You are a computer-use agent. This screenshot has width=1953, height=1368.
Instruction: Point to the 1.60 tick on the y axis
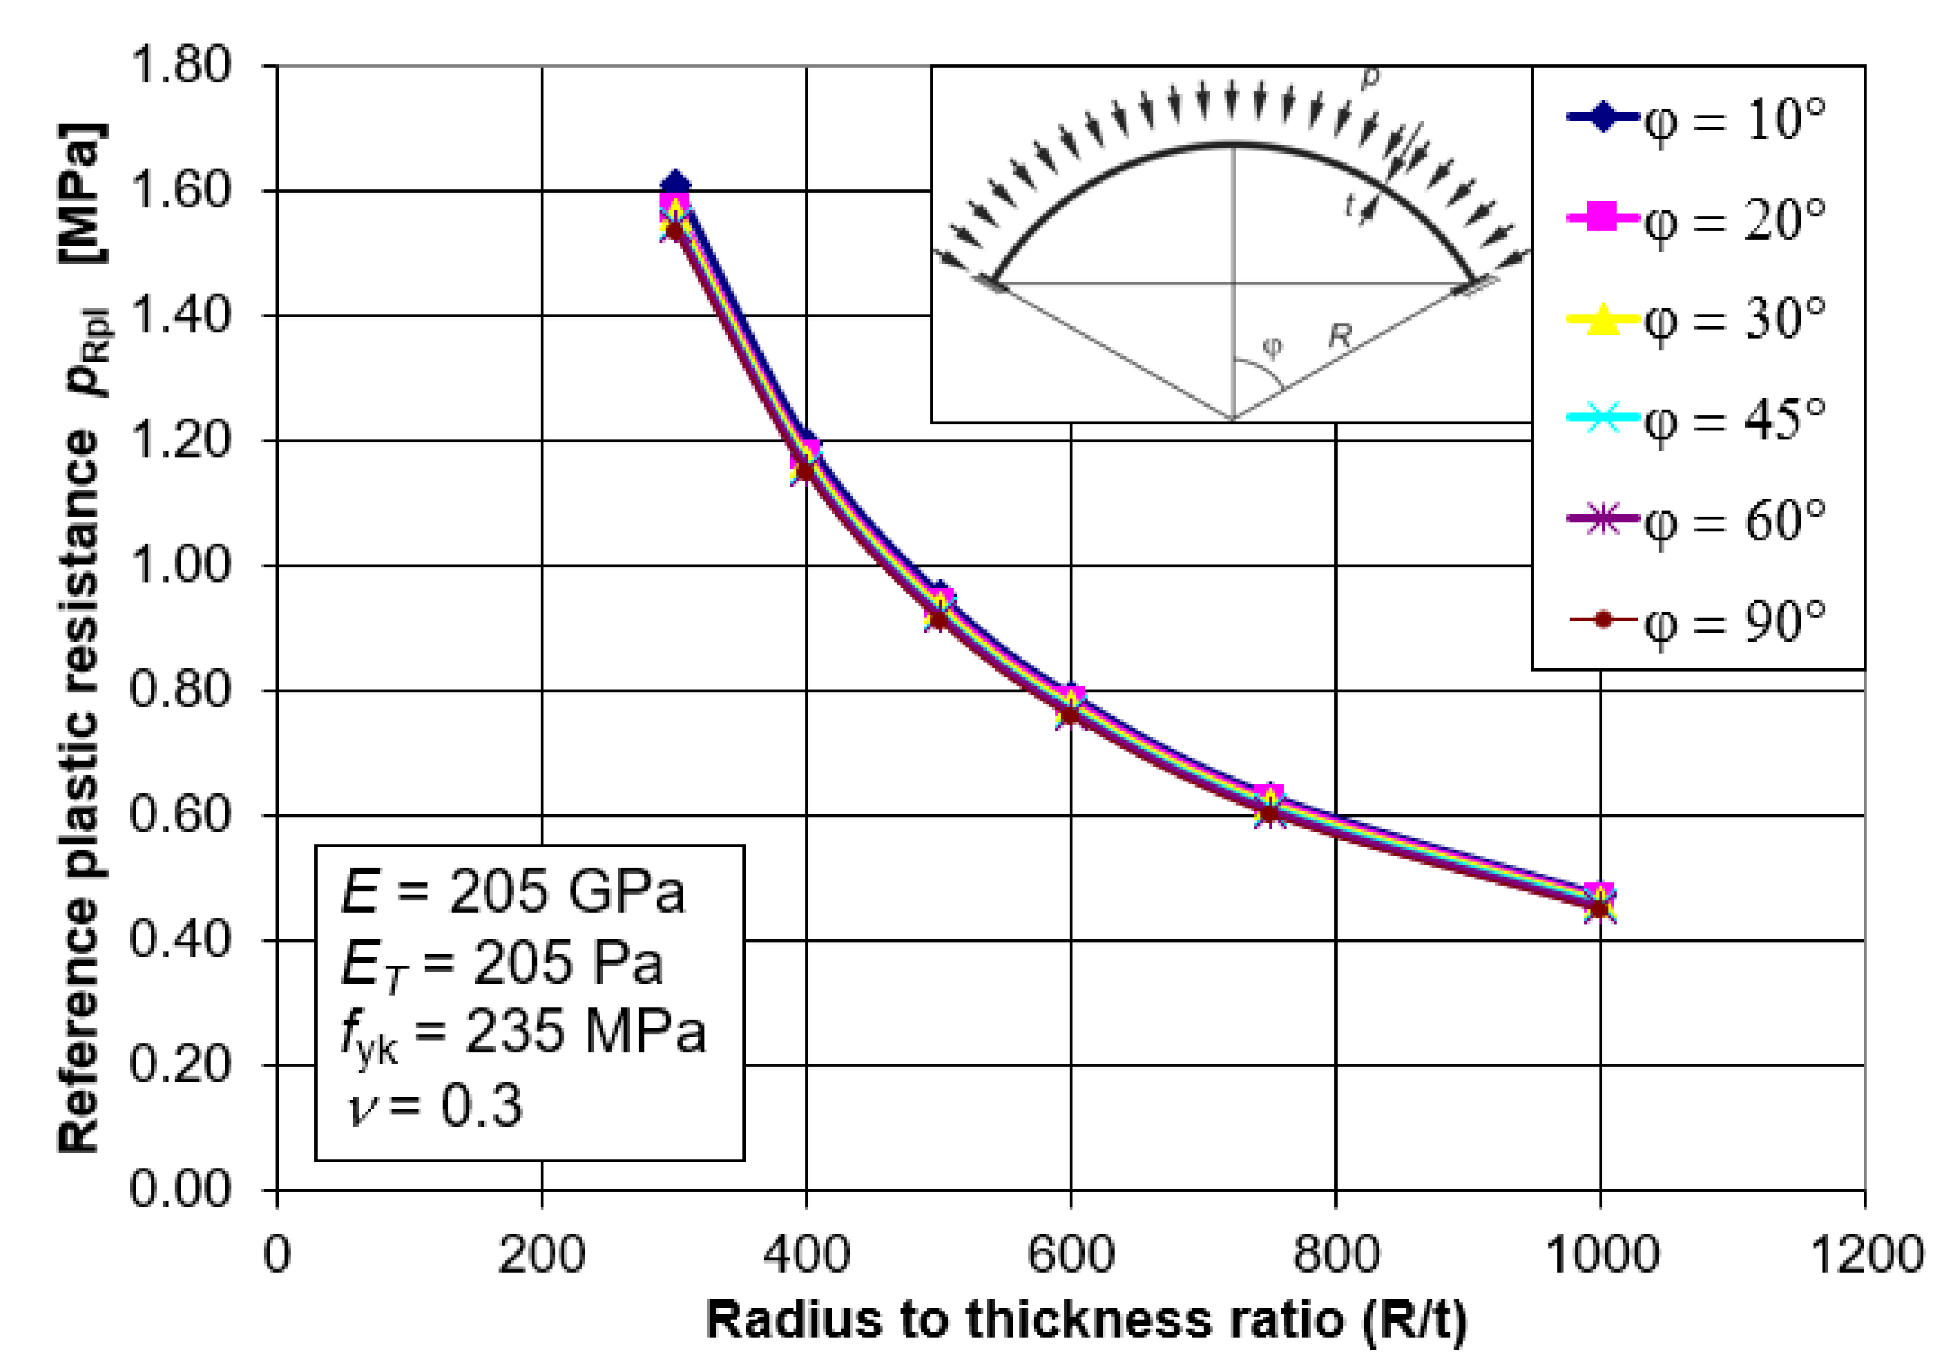click(180, 190)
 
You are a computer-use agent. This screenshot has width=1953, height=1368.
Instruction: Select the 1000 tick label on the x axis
click(1600, 1255)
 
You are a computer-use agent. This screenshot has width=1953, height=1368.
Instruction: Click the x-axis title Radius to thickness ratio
click(1086, 1321)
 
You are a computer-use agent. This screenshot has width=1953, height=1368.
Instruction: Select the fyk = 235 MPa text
click(523, 1034)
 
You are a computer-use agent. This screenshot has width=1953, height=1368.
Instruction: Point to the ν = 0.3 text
click(434, 1106)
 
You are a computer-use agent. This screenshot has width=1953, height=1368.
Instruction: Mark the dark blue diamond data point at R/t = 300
click(675, 184)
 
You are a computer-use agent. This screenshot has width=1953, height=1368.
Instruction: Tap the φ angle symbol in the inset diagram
click(1271, 347)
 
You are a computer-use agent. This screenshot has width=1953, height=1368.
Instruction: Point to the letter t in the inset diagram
click(1350, 205)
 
